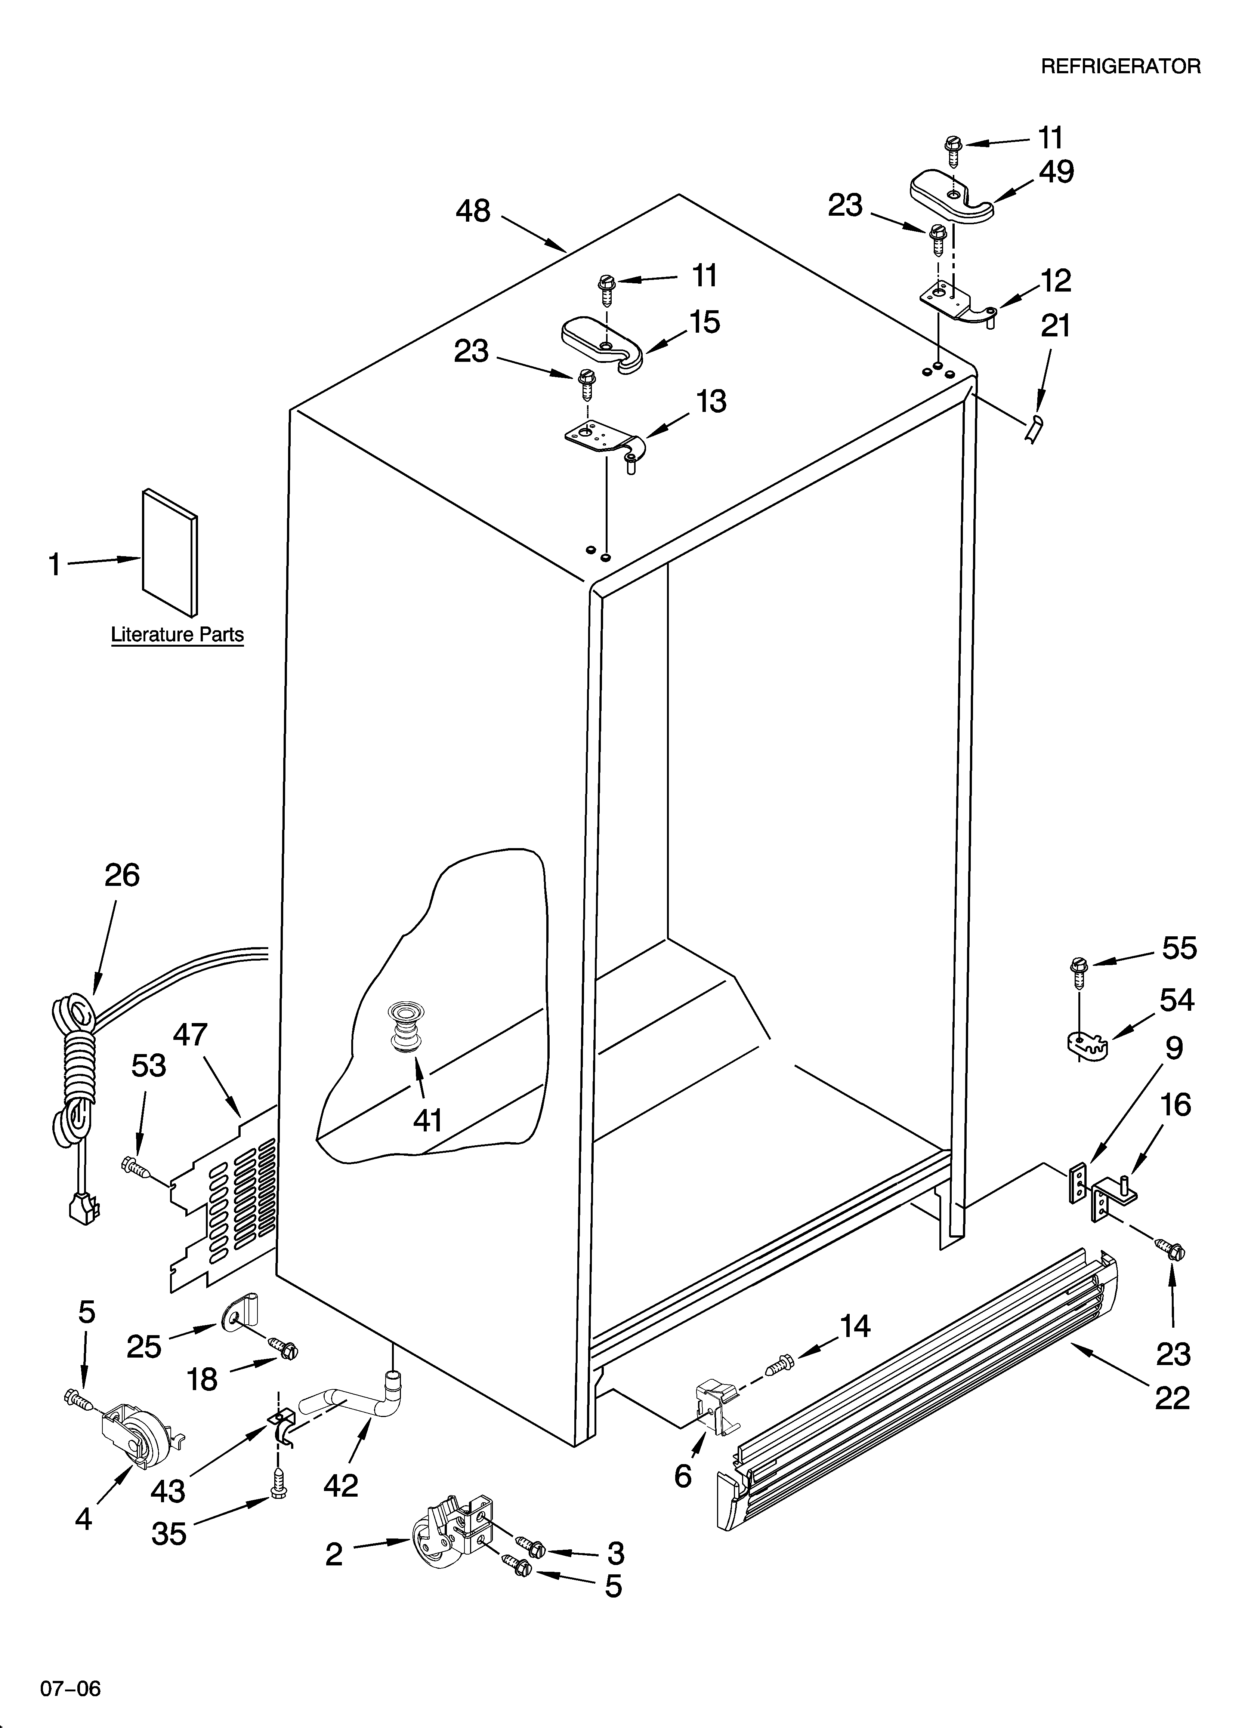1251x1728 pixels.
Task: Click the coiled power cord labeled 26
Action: click(x=76, y=1067)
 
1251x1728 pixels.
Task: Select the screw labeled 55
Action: click(x=1079, y=968)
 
